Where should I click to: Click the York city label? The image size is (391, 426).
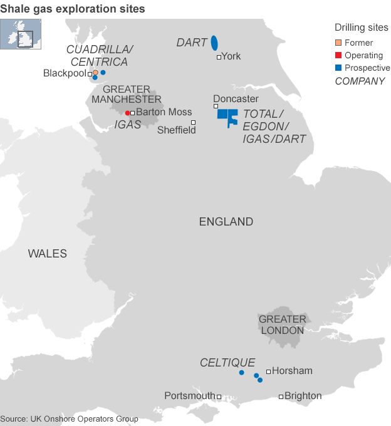pos(231,56)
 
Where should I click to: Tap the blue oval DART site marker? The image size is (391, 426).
pos(214,43)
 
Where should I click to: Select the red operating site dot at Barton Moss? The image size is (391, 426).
pos(127,113)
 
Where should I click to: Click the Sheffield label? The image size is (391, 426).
pos(176,130)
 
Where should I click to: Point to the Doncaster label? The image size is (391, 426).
pos(236,99)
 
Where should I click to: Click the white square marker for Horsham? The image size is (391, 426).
pos(268,371)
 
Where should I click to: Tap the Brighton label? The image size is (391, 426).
pos(303,396)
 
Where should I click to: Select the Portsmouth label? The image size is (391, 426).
pos(190,396)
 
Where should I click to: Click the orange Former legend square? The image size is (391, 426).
pos(338,43)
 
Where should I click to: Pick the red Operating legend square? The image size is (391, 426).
pos(338,55)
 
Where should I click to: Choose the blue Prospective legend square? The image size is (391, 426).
pos(338,68)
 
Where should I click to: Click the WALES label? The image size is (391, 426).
pos(47,254)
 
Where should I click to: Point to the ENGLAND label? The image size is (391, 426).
pos(226,222)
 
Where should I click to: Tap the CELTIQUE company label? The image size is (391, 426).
pos(227,363)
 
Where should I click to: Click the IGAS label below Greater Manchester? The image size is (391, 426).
pos(128,125)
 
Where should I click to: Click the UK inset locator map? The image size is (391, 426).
pos(21,33)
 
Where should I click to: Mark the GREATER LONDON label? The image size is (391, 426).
pos(283,325)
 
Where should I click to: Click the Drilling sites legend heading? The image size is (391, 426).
pos(361,28)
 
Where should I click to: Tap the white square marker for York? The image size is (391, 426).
pos(219,57)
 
